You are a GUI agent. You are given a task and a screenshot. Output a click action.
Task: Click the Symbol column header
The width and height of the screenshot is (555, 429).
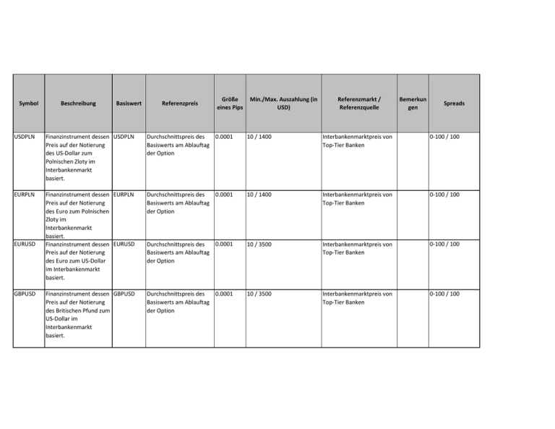[27, 103]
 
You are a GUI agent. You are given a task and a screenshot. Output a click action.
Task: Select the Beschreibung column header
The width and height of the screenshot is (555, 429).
[78, 103]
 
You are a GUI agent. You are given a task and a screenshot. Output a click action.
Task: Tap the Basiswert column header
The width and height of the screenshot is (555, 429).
[128, 103]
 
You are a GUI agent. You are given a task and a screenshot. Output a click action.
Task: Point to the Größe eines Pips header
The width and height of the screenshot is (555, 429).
[229, 103]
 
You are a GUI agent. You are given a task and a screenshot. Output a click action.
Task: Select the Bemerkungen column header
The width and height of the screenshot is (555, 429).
[412, 103]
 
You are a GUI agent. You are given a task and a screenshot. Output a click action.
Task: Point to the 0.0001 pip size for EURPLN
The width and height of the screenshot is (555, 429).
[226, 195]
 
